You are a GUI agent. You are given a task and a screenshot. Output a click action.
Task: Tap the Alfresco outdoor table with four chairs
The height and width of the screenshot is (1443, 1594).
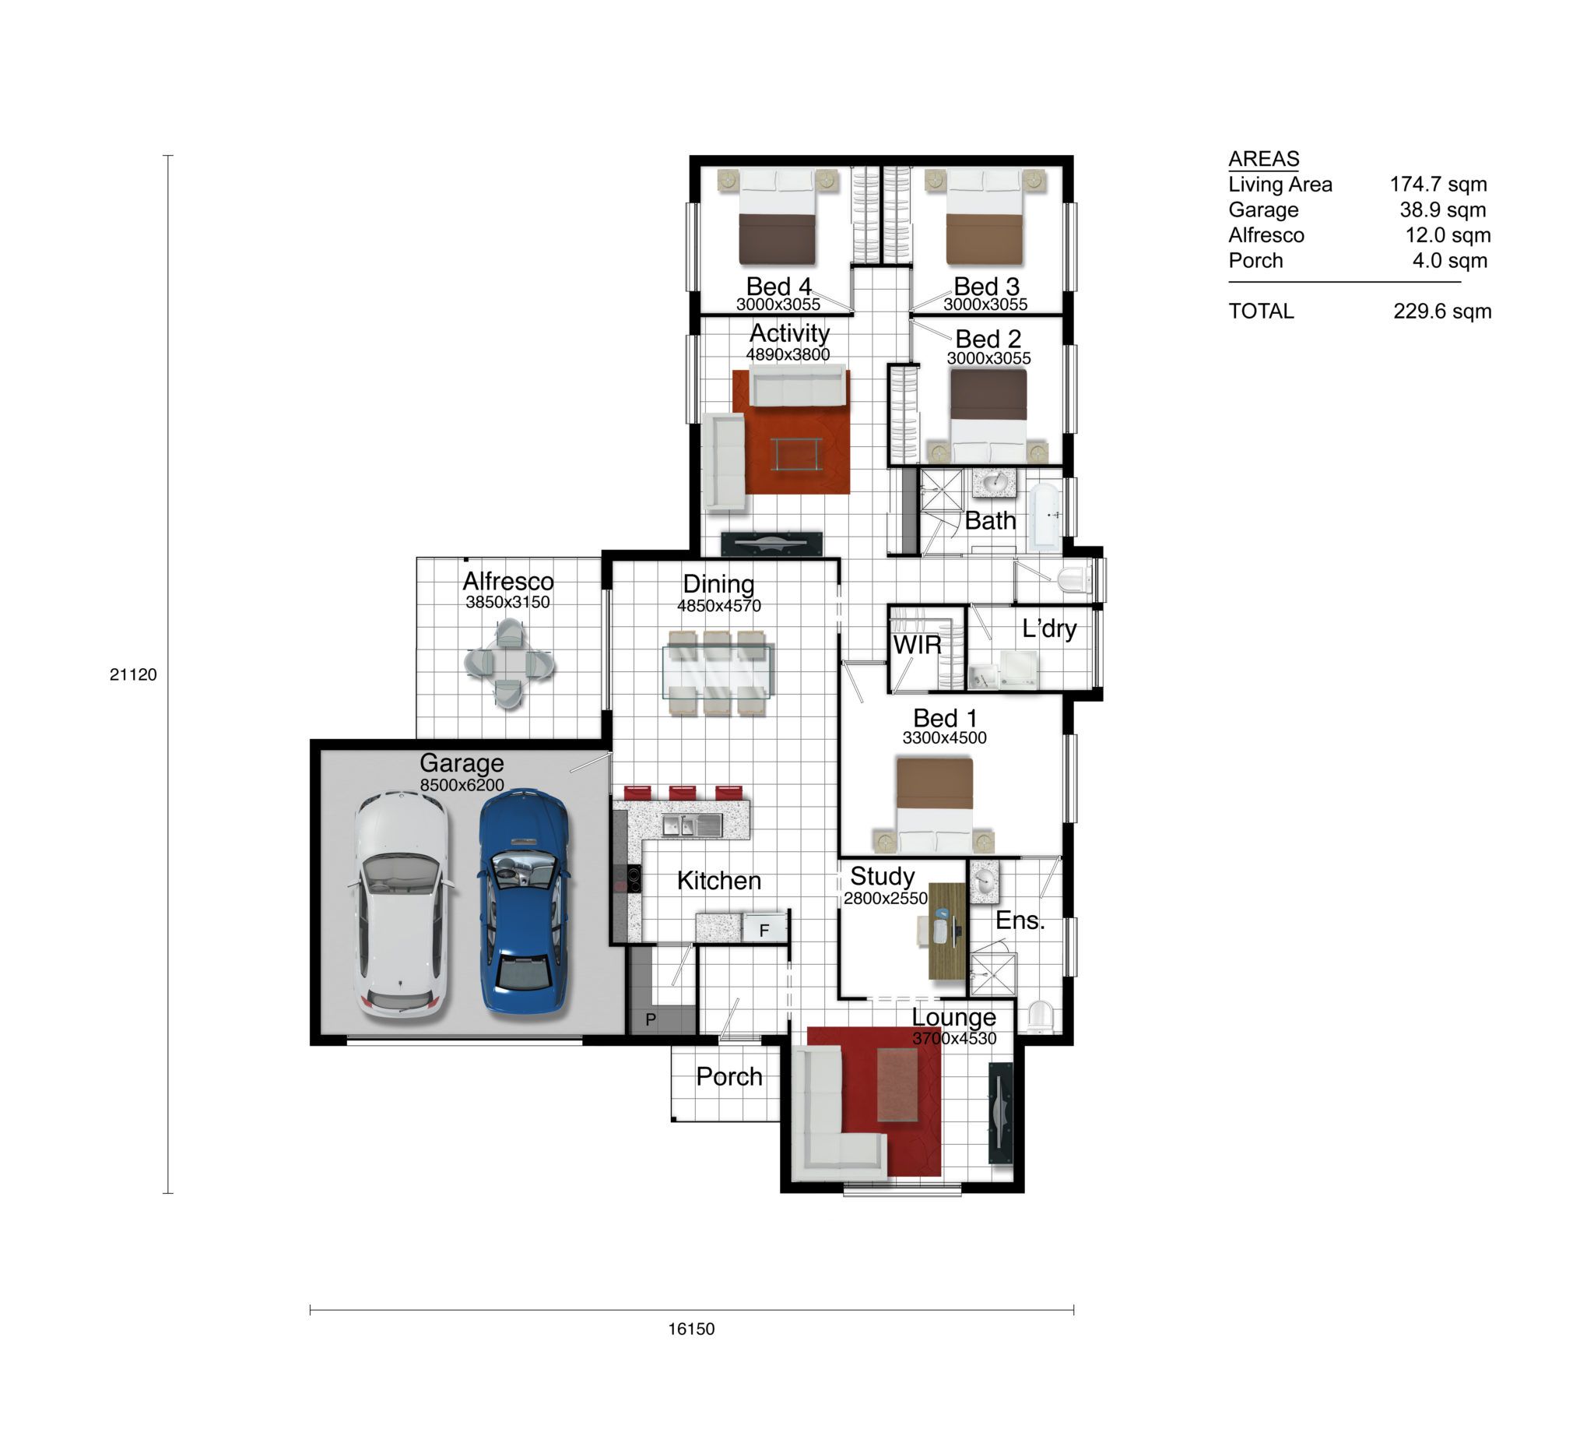[509, 663]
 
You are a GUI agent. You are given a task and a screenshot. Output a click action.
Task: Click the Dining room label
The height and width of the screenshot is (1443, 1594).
[718, 584]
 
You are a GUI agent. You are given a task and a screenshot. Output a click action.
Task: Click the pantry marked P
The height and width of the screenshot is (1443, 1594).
[651, 1019]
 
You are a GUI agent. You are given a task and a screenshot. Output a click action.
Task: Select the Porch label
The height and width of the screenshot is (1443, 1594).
[729, 1077]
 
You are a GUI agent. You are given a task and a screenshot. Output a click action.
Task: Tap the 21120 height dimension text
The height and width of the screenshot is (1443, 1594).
[133, 675]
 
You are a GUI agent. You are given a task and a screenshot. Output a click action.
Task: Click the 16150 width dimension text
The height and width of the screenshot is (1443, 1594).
[691, 1329]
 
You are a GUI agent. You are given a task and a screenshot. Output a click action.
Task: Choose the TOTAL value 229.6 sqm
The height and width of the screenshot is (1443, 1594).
[1442, 311]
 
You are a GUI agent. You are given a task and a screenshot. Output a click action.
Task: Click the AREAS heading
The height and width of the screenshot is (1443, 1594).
[1263, 159]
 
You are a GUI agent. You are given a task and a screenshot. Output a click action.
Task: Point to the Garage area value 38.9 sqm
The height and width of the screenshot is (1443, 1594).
[1443, 209]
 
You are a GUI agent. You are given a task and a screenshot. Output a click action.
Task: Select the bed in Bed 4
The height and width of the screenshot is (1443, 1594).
[778, 216]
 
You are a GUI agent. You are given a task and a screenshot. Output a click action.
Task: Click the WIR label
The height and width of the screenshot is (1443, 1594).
[917, 645]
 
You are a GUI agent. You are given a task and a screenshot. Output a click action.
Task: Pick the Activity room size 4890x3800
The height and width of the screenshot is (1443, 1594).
[788, 354]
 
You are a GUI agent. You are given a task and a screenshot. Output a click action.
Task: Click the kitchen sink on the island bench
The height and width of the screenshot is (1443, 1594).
[691, 826]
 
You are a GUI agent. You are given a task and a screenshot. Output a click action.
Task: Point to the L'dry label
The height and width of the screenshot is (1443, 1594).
[1049, 629]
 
